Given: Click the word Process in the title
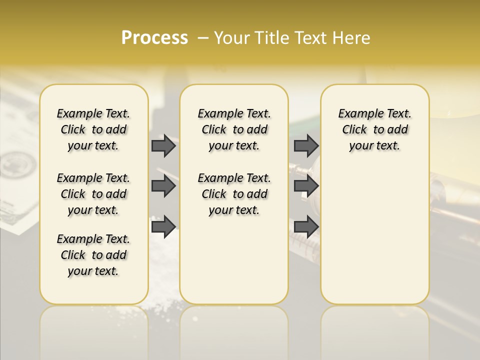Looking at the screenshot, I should (154, 38).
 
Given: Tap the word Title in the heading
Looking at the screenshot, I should (270, 38).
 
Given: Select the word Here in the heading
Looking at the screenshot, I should (352, 38).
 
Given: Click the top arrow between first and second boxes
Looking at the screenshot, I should (163, 146).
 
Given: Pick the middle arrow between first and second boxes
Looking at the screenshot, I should (163, 186).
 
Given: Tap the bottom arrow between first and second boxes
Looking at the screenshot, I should (163, 226).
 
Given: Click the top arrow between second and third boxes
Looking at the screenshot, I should (306, 146).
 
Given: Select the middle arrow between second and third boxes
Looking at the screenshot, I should (306, 186).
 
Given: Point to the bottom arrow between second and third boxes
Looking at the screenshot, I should (306, 226).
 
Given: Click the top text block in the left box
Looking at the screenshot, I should (93, 129).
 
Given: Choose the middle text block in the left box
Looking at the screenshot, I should (93, 194).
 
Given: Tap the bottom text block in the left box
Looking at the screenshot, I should (93, 255).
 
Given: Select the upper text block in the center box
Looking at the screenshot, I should (234, 129).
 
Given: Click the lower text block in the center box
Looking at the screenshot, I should (234, 194).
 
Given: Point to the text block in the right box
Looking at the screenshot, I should (374, 129).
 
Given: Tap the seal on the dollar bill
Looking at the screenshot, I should (17, 165).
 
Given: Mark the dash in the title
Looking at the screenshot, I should (203, 38).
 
